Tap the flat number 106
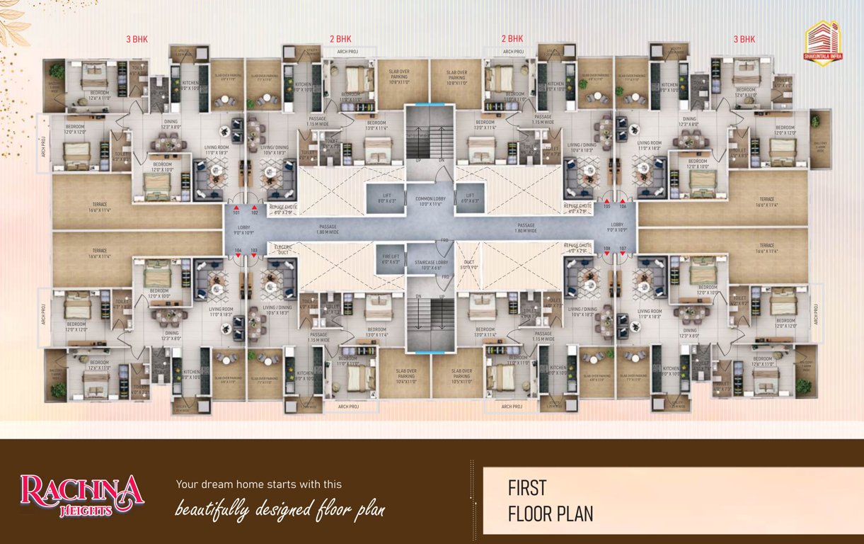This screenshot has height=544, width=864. coord(623,208)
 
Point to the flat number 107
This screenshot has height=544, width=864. coord(623,249)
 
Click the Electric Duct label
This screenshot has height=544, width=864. coord(284,247)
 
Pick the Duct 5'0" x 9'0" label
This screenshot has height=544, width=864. coord(470,265)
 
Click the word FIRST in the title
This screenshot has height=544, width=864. coord(527,488)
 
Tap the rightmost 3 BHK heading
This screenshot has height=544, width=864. coord(744,39)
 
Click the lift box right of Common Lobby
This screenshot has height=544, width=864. coord(470,198)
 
